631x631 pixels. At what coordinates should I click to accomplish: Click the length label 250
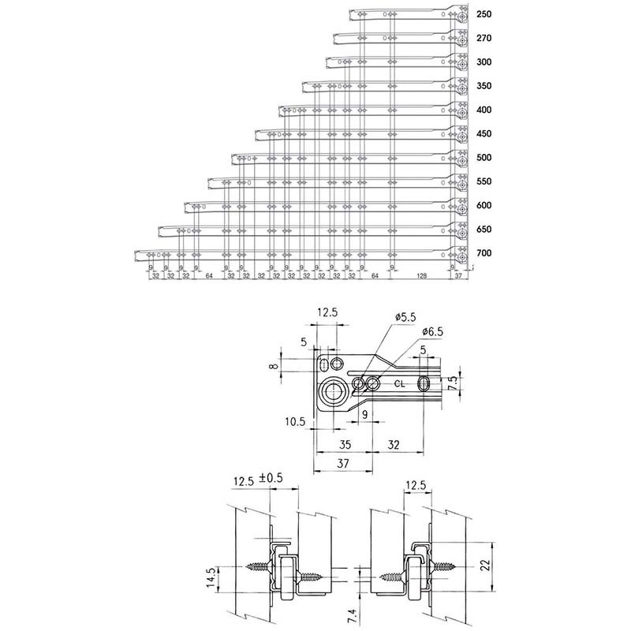click(484, 16)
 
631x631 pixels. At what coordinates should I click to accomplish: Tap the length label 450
click(484, 134)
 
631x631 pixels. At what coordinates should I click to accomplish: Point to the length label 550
click(484, 181)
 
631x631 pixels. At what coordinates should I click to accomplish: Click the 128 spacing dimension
click(421, 276)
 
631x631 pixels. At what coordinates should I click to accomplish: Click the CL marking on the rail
click(400, 384)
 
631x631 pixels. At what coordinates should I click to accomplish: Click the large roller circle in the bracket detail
click(332, 393)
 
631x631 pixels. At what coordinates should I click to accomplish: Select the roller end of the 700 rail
click(460, 256)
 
